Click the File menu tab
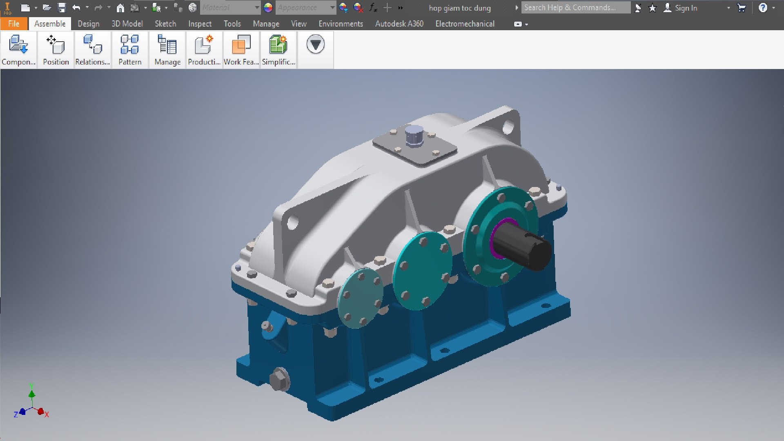pos(14,24)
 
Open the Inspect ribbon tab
pos(200,24)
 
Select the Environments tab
pos(341,24)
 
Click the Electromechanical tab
pos(465,24)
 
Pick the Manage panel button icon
pos(167,45)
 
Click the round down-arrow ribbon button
pos(315,44)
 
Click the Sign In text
pos(686,8)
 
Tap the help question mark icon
pos(762,7)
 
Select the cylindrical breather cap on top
pos(414,135)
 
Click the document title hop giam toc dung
pos(459,8)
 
